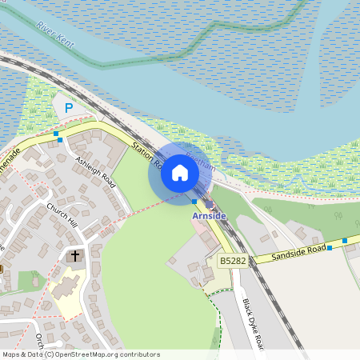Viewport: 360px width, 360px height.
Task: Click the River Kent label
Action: [x=55, y=37]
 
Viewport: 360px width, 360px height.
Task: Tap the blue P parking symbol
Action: [x=69, y=107]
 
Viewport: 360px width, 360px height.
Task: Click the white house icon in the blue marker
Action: [x=180, y=173]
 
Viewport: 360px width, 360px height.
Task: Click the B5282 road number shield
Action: [x=233, y=261]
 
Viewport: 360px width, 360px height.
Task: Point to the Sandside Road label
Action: [x=299, y=250]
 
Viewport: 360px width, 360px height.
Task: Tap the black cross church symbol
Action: [x=75, y=257]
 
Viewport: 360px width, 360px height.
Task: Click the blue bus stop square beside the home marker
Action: [x=194, y=202]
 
